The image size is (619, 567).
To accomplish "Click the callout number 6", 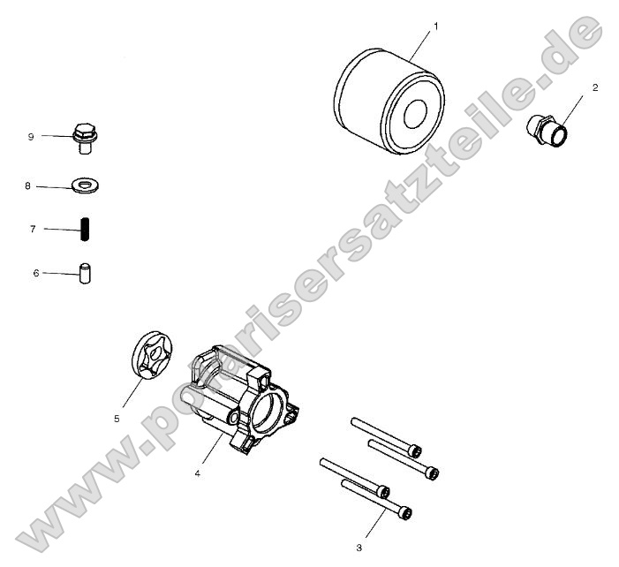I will [x=36, y=274].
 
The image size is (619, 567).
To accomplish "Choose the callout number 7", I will [x=33, y=229].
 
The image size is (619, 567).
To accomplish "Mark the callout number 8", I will [x=28, y=186].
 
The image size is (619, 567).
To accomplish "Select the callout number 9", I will [x=30, y=136].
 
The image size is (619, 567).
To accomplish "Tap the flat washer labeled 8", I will [x=86, y=185].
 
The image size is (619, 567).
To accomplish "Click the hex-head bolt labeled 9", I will [x=86, y=138].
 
